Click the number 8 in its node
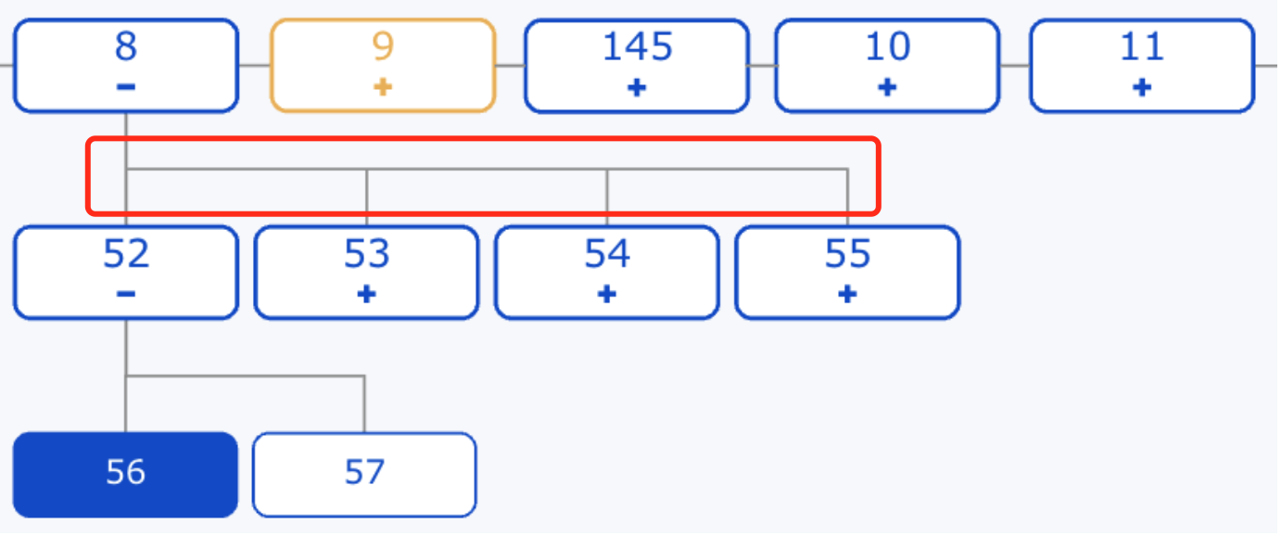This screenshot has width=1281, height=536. [x=126, y=45]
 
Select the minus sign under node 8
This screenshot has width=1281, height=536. [x=126, y=87]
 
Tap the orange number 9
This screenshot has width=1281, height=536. [x=383, y=45]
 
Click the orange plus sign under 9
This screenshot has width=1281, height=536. [x=383, y=87]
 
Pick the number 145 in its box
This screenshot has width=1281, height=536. [x=637, y=45]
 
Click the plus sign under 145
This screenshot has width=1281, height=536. [x=637, y=87]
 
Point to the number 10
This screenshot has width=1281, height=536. [x=888, y=45]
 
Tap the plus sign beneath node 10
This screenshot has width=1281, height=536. [x=887, y=87]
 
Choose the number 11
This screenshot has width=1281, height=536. [x=1142, y=45]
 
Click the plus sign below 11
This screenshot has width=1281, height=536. [x=1142, y=87]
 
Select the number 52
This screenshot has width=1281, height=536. [x=126, y=253]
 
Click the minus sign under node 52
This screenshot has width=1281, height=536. [x=126, y=294]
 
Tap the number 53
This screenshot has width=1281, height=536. [x=366, y=253]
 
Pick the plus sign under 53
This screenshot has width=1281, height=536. [x=366, y=294]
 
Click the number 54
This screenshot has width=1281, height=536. [x=607, y=253]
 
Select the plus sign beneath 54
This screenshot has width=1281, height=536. [x=607, y=294]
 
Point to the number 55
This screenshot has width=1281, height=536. [x=847, y=253]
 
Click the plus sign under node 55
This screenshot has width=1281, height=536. [x=847, y=294]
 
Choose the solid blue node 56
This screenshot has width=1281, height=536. [x=125, y=475]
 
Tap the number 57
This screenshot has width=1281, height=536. [x=364, y=472]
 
